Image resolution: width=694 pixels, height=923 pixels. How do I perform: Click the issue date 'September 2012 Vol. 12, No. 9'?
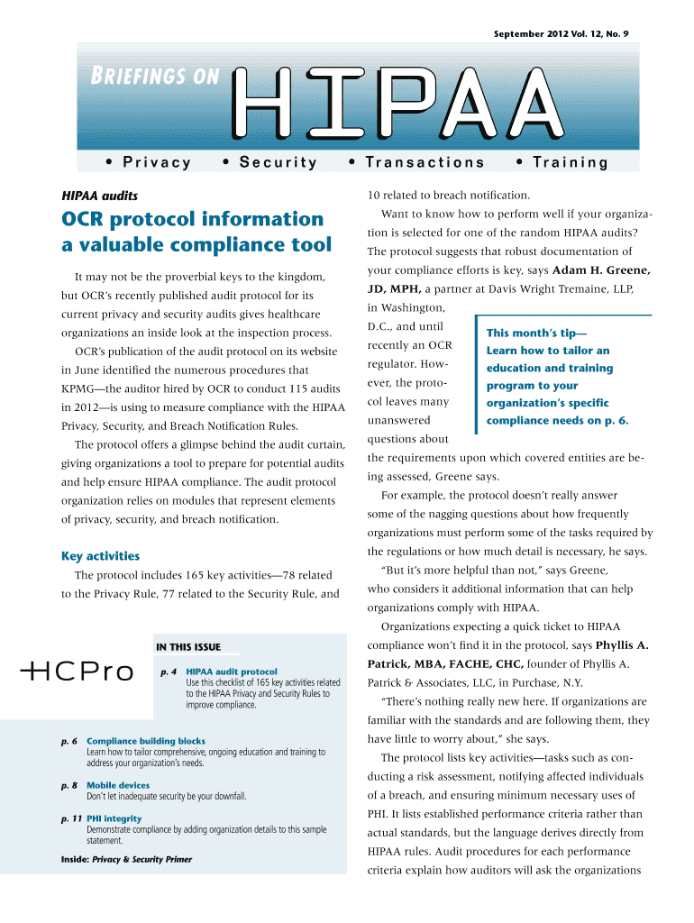pos(561,33)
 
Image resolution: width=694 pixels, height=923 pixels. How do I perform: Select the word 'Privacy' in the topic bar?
pos(149,162)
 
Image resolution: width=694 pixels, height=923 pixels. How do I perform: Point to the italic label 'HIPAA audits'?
pos(99,194)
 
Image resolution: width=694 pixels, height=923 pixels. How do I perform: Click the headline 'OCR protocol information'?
pos(192,219)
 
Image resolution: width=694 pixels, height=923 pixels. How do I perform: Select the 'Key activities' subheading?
pos(100,556)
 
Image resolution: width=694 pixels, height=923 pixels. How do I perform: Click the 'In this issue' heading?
pos(188,646)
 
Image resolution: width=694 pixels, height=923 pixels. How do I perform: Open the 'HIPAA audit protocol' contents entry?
pos(232,672)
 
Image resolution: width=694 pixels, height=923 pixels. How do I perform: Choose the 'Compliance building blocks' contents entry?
pos(145,741)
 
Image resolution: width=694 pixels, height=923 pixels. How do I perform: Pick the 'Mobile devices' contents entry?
pos(118,785)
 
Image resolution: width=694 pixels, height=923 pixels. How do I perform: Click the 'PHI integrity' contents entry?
pos(114,818)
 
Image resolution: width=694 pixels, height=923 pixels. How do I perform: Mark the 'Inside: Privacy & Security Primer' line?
pos(126,859)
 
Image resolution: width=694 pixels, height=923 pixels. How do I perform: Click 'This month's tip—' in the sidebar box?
pos(536,333)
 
